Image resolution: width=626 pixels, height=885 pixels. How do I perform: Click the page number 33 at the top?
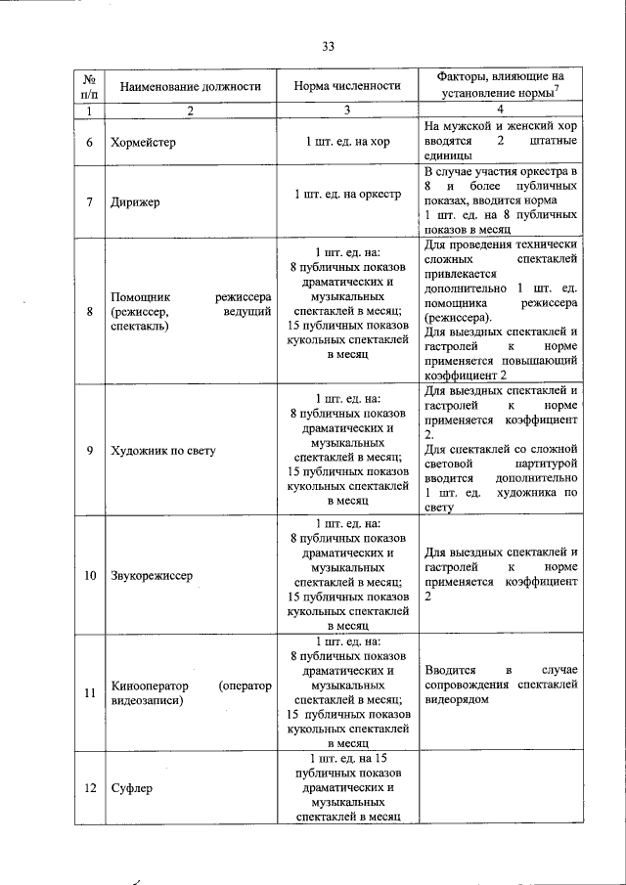coord(328,46)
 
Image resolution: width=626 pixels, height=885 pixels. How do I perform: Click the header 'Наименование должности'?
coord(191,86)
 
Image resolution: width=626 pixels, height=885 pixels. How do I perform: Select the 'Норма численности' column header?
coord(347,86)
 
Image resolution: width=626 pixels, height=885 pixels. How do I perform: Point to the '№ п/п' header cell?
coord(89,86)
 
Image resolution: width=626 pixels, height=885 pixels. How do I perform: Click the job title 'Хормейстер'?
coord(144,143)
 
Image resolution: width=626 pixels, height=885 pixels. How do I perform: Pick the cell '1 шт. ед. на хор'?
coord(347,142)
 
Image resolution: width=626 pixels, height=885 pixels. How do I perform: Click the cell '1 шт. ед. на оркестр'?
coord(347,195)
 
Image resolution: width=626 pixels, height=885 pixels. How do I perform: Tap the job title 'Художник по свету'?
coord(163,451)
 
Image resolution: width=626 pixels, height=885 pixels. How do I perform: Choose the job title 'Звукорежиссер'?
coord(152,575)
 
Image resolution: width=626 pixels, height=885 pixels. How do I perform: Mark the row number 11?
coord(89,693)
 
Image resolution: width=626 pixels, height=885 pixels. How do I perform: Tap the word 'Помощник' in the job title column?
coord(143,296)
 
